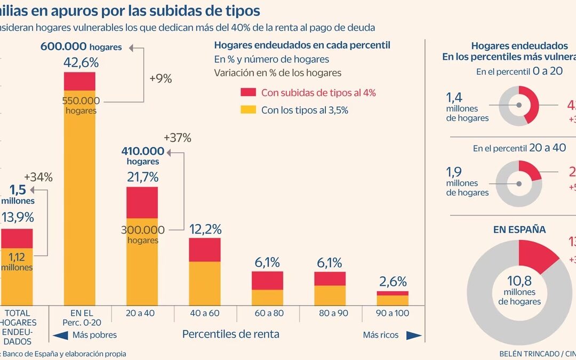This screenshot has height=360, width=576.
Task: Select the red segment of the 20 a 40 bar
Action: [142, 202]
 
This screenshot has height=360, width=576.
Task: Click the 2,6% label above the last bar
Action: [393, 282]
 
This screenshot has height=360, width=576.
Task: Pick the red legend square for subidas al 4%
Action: [248, 93]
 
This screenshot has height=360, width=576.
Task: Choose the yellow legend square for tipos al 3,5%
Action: [248, 110]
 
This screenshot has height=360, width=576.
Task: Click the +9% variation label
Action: [160, 79]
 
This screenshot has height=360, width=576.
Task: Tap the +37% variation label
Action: [177, 138]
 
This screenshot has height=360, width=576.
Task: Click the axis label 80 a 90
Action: [330, 313]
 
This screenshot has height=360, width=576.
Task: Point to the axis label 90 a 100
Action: [392, 313]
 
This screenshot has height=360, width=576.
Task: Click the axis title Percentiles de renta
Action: [230, 334]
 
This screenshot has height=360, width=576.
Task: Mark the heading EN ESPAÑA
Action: [519, 230]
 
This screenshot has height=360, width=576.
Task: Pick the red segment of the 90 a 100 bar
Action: [393, 293]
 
